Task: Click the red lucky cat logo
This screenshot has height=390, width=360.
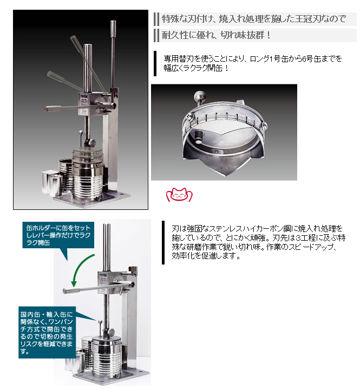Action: pyautogui.click(x=179, y=195)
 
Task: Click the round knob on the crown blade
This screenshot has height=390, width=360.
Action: pyautogui.click(x=200, y=95)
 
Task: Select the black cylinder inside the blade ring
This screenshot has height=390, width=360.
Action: pyautogui.click(x=199, y=137)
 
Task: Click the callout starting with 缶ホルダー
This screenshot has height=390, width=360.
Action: pyautogui.click(x=58, y=235)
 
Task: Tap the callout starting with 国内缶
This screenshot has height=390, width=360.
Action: pyautogui.click(x=47, y=333)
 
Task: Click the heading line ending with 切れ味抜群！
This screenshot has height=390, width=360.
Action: pyautogui.click(x=216, y=35)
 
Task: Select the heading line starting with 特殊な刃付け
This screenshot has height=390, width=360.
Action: pyautogui.click(x=254, y=18)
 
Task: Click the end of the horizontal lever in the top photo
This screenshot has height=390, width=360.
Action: pyautogui.click(x=47, y=109)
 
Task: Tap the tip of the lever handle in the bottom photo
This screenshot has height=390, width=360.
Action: pyautogui.click(x=64, y=291)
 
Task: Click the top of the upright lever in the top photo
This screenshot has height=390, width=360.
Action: pyautogui.click(x=113, y=22)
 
